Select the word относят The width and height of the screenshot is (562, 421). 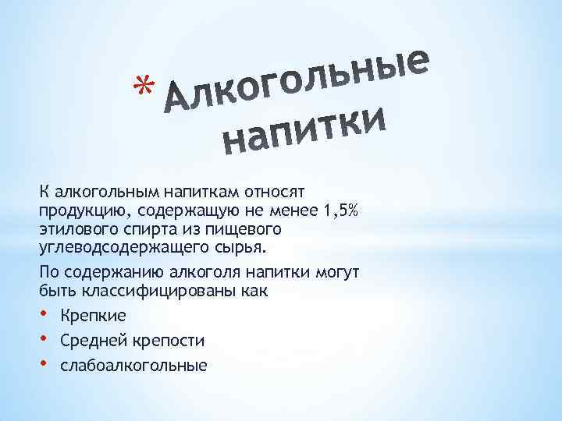click(276, 191)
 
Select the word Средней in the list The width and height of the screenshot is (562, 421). click(93, 340)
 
